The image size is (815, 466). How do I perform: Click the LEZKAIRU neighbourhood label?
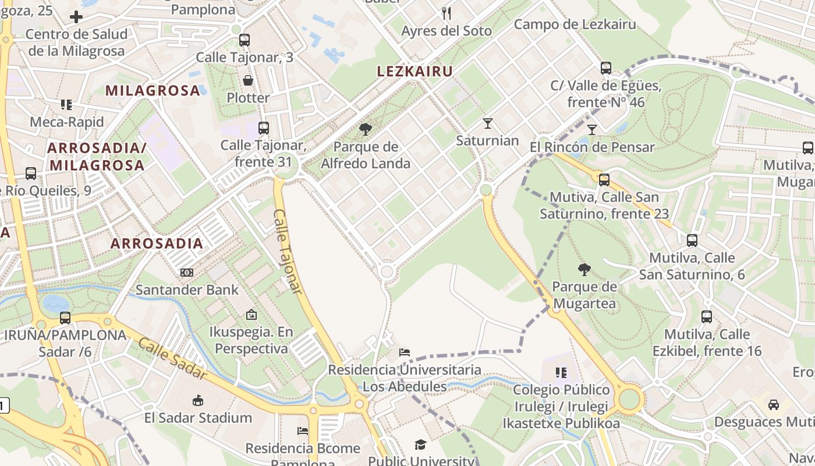(x=415, y=72)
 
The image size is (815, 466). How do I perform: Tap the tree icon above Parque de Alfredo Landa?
(x=366, y=129)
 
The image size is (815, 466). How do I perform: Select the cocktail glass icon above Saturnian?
(x=487, y=123)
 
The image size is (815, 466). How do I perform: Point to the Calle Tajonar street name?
(x=288, y=250)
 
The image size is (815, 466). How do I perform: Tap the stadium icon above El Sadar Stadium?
(x=198, y=400)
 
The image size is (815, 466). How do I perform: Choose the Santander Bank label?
(x=187, y=290)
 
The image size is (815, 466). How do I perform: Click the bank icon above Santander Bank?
(x=187, y=272)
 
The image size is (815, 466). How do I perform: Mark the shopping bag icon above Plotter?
(x=248, y=80)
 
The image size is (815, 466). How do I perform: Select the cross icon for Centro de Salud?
(x=76, y=17)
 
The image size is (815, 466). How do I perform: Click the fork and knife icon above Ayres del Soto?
(x=447, y=13)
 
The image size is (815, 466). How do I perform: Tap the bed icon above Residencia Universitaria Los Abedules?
(x=405, y=352)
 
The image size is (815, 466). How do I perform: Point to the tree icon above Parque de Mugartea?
(x=584, y=269)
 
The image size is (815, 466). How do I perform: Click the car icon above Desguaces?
(x=774, y=404)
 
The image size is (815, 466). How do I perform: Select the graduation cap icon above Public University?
(x=420, y=445)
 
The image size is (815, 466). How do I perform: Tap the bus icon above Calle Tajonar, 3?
(x=245, y=40)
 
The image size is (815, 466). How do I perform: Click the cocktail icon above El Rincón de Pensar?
(x=592, y=129)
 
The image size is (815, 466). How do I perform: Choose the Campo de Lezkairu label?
(x=575, y=24)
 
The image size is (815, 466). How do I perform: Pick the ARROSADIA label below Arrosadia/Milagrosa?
(x=157, y=243)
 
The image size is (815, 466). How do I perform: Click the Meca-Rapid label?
(x=66, y=122)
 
